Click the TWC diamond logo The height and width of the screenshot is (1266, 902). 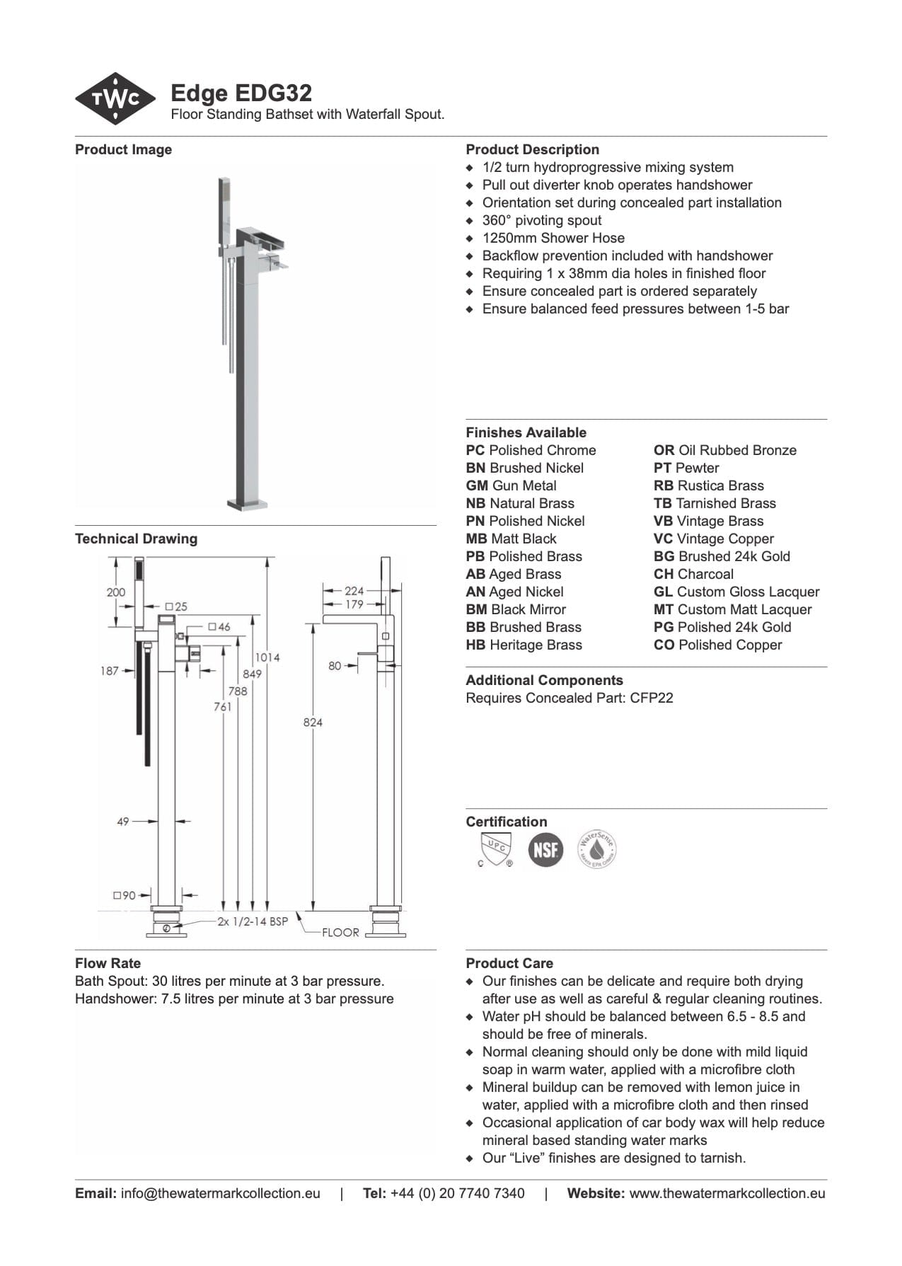(115, 98)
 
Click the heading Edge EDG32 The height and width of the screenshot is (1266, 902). (241, 93)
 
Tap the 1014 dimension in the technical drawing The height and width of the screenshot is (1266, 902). (267, 657)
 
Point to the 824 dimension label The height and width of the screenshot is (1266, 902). (313, 722)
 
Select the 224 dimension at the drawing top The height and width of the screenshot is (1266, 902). (354, 590)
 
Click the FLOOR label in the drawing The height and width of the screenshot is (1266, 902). (340, 932)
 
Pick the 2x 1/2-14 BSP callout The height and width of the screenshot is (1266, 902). (253, 921)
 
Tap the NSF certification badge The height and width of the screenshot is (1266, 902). (545, 848)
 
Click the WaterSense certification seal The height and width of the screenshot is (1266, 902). (596, 848)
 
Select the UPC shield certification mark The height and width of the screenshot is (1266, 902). (495, 848)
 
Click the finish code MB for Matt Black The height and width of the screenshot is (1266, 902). (476, 539)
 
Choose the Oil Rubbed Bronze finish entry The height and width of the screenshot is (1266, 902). (725, 450)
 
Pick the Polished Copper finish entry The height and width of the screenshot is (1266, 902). (718, 645)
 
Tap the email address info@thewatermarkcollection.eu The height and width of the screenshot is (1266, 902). (220, 1193)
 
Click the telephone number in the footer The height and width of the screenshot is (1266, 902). (457, 1193)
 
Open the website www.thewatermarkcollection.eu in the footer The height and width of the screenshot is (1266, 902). (727, 1193)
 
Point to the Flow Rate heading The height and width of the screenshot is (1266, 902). (108, 963)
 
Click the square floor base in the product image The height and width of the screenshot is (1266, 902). (247, 504)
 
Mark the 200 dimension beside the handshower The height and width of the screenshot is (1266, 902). (116, 592)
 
